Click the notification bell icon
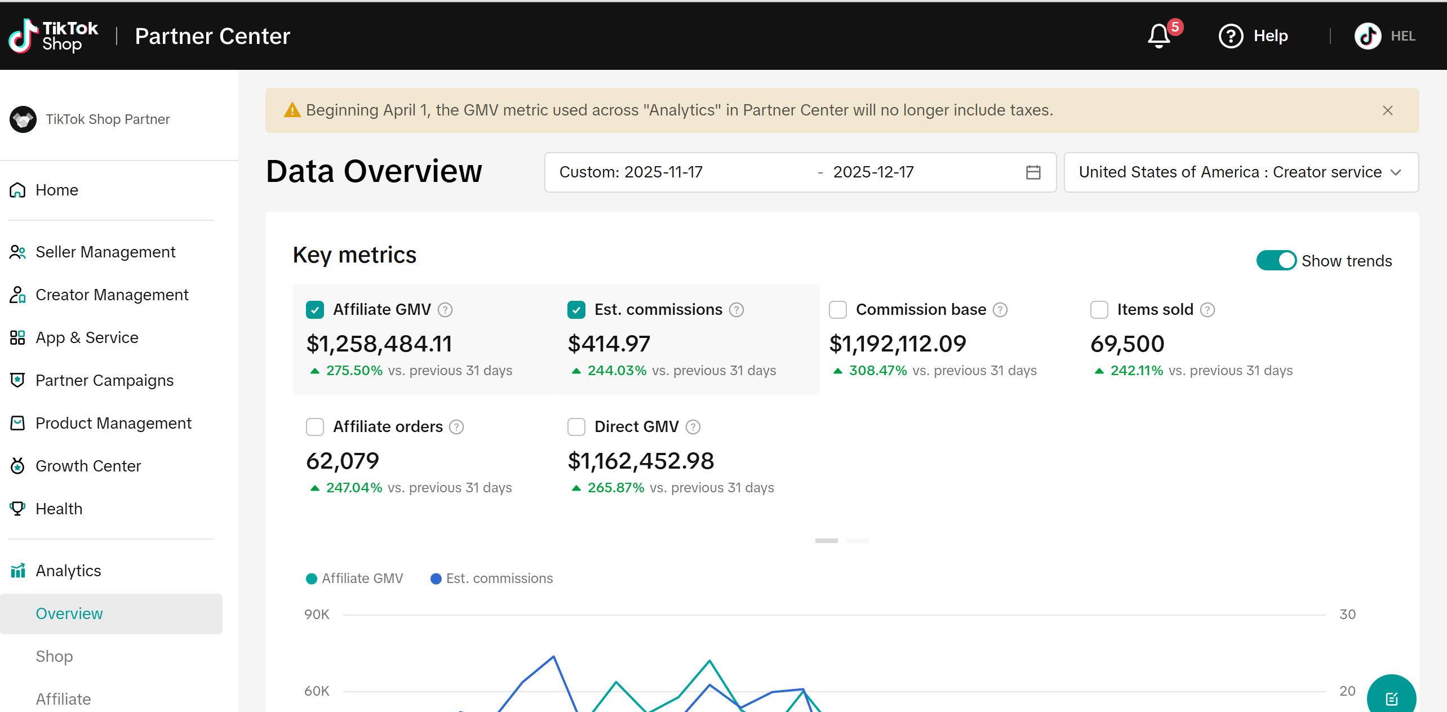[x=1159, y=36]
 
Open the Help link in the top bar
[x=1253, y=36]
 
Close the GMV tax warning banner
[x=1388, y=110]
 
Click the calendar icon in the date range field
[x=1033, y=172]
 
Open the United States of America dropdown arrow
[x=1396, y=172]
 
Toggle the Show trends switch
[x=1276, y=260]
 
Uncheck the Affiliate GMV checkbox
[x=315, y=310]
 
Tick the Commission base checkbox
[x=838, y=310]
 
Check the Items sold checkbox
[x=1099, y=310]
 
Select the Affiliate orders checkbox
[x=315, y=427]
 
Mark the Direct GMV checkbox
[x=576, y=427]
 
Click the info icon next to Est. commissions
[x=736, y=310]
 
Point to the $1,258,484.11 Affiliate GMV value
[x=379, y=344]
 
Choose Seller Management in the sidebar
[x=105, y=252]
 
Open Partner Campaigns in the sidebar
[x=104, y=380]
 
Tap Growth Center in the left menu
[x=88, y=466]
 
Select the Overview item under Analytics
[x=69, y=613]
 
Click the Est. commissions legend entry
[x=491, y=578]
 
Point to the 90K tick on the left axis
[x=317, y=615]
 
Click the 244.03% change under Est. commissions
[x=617, y=371]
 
